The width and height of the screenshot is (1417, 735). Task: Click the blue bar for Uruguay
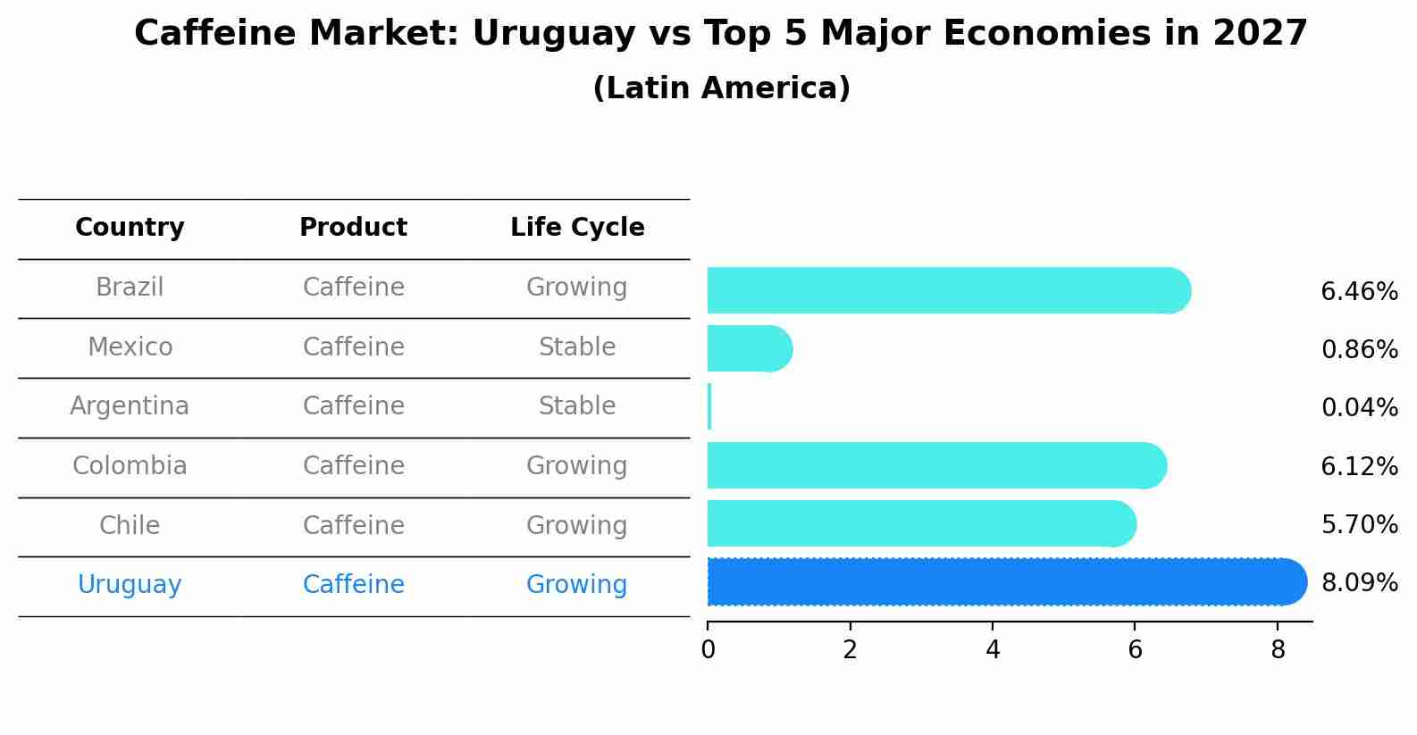pos(1005,582)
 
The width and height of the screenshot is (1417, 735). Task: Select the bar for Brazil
pos(947,290)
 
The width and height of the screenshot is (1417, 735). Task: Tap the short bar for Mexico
pos(749,348)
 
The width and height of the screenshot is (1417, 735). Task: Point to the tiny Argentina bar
pos(709,407)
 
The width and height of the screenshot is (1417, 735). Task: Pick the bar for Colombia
pos(935,465)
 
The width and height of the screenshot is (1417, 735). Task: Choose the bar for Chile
pos(920,523)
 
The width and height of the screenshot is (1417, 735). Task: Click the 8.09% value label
pos(1359,583)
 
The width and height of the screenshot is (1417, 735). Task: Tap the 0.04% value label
pos(1359,408)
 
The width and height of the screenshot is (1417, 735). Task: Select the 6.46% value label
pos(1359,292)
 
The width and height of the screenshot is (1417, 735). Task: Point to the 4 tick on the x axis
pos(993,650)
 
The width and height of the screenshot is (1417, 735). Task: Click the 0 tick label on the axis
pos(708,650)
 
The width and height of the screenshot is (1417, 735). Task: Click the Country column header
pos(130,228)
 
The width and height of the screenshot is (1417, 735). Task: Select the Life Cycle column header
pos(577,228)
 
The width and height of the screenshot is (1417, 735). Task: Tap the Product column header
pos(353,228)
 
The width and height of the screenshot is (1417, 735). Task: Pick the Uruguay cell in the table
pos(130,585)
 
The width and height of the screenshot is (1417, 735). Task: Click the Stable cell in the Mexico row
pos(577,347)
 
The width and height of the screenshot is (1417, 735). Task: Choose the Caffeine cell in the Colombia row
pos(353,466)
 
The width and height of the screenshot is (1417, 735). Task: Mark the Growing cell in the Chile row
pos(577,526)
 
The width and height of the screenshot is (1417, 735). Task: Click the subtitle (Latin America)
pos(721,88)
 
